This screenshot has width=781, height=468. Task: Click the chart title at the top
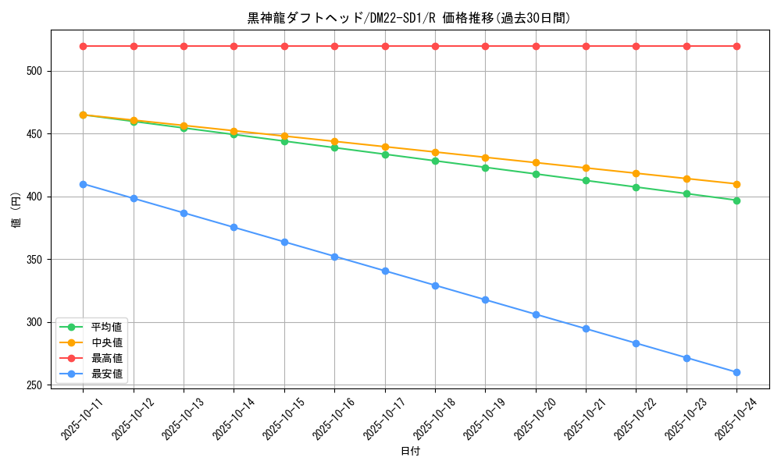tap(409, 18)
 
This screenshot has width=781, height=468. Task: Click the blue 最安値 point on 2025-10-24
tap(736, 372)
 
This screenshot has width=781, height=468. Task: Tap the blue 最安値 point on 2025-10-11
tap(83, 184)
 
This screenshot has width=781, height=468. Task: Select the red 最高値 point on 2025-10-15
tap(284, 46)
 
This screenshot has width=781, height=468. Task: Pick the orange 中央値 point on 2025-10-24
tap(736, 184)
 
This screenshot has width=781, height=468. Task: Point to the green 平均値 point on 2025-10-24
tap(736, 200)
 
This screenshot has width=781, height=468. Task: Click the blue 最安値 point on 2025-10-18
tap(435, 285)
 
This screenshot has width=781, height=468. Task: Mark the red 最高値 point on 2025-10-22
tap(636, 46)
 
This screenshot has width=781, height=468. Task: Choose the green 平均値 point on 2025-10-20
tap(536, 174)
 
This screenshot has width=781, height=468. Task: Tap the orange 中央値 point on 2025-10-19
tap(485, 158)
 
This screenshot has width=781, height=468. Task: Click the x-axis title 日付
tap(410, 452)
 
